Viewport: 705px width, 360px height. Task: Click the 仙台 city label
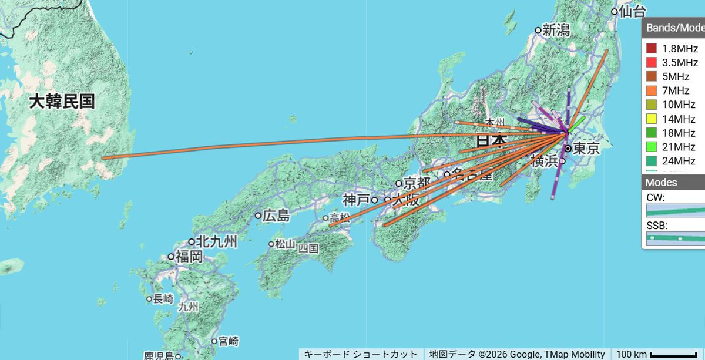click(633, 11)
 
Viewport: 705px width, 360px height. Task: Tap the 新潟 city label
click(556, 30)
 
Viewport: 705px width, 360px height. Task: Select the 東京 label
click(586, 149)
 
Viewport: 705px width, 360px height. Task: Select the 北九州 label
click(216, 241)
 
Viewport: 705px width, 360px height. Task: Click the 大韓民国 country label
click(62, 101)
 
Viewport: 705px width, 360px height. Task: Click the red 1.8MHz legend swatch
click(651, 48)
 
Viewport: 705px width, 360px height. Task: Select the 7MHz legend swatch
click(651, 90)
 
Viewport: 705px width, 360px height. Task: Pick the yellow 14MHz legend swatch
click(651, 119)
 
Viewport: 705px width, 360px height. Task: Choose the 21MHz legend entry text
click(679, 147)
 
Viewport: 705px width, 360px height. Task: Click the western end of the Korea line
click(103, 158)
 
